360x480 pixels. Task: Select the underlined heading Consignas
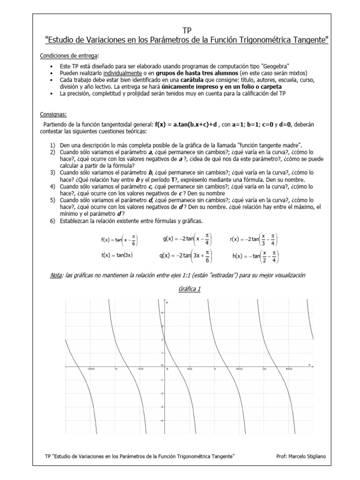pos(52,114)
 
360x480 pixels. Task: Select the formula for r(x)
pos(253,240)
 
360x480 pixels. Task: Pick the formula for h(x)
pos(255,256)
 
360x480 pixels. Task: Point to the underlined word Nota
pos(56,275)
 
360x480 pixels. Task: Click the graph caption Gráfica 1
pos(189,289)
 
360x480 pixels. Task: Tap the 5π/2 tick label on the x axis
pos(289,369)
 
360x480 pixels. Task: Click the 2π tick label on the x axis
pos(264,369)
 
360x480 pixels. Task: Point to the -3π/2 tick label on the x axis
pos(91,369)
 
